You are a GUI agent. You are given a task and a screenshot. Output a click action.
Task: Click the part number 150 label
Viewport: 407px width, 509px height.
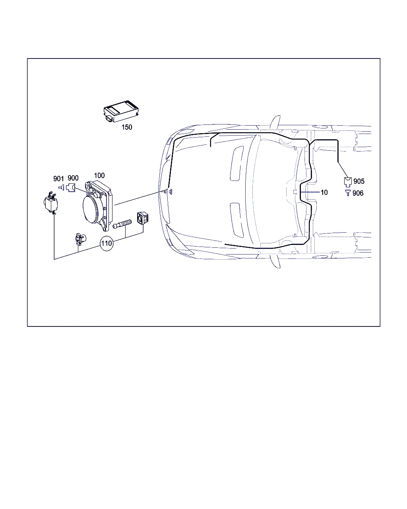pyautogui.click(x=127, y=127)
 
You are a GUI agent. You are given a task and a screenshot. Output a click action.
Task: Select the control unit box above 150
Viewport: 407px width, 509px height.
pyautogui.click(x=121, y=111)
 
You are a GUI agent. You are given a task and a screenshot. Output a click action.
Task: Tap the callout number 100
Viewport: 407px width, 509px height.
pyautogui.click(x=99, y=175)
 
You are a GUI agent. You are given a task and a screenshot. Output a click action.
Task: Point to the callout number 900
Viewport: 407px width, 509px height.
pyautogui.click(x=73, y=178)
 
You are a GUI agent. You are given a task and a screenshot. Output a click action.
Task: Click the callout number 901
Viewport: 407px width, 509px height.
pyautogui.click(x=58, y=179)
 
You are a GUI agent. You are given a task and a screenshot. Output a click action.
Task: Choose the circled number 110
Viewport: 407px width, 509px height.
pyautogui.click(x=107, y=243)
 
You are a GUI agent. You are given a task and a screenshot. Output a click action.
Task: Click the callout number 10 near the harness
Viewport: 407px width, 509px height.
pyautogui.click(x=324, y=192)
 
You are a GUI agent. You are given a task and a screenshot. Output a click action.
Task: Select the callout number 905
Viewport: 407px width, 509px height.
pyautogui.click(x=359, y=181)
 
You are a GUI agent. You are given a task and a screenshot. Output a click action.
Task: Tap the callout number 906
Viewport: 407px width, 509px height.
pyautogui.click(x=358, y=193)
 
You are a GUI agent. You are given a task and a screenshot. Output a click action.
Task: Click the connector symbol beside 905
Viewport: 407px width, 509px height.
pyautogui.click(x=348, y=182)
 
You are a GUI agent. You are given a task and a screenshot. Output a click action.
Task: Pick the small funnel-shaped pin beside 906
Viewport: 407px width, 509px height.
pyautogui.click(x=347, y=192)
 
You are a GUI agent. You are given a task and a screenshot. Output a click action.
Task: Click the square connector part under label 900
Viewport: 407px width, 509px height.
pyautogui.click(x=71, y=188)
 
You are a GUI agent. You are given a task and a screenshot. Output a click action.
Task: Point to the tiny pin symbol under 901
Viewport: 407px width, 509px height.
pyautogui.click(x=61, y=188)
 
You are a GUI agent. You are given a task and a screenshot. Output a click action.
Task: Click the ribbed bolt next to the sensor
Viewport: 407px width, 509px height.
pyautogui.click(x=122, y=223)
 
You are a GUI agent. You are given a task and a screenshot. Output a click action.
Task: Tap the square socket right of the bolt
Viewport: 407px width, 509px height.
pyautogui.click(x=143, y=218)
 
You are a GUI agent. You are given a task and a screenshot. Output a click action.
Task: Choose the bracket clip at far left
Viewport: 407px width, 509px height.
pyautogui.click(x=51, y=203)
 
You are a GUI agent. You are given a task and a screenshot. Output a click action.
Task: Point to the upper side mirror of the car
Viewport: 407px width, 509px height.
pyautogui.click(x=275, y=122)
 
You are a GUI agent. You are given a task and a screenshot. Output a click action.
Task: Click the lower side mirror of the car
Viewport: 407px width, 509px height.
pyautogui.click(x=275, y=261)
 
